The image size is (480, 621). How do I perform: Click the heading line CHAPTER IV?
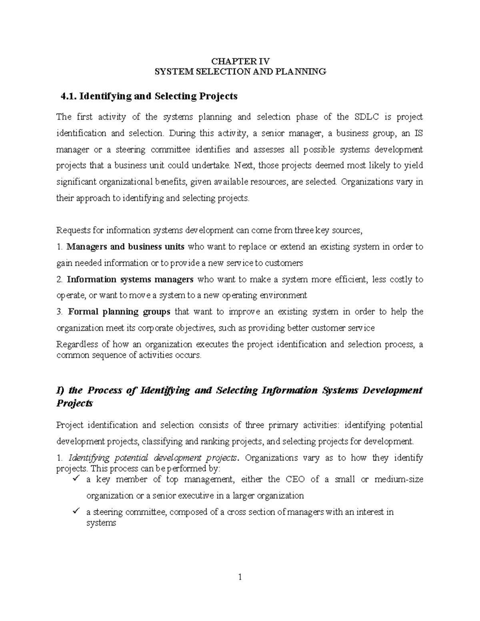coord(240,61)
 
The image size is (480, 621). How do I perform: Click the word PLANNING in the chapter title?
coord(305,72)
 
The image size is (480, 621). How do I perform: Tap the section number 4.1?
coord(68,96)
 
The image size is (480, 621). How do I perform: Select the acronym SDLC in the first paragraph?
coord(366,117)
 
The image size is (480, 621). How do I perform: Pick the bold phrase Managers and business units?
coord(125,247)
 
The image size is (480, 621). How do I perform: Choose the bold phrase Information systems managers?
coord(130,280)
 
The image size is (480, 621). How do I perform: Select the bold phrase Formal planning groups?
coord(119,312)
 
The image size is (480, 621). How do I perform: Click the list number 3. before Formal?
coord(60,312)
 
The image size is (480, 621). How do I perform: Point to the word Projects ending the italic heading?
coord(75,403)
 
